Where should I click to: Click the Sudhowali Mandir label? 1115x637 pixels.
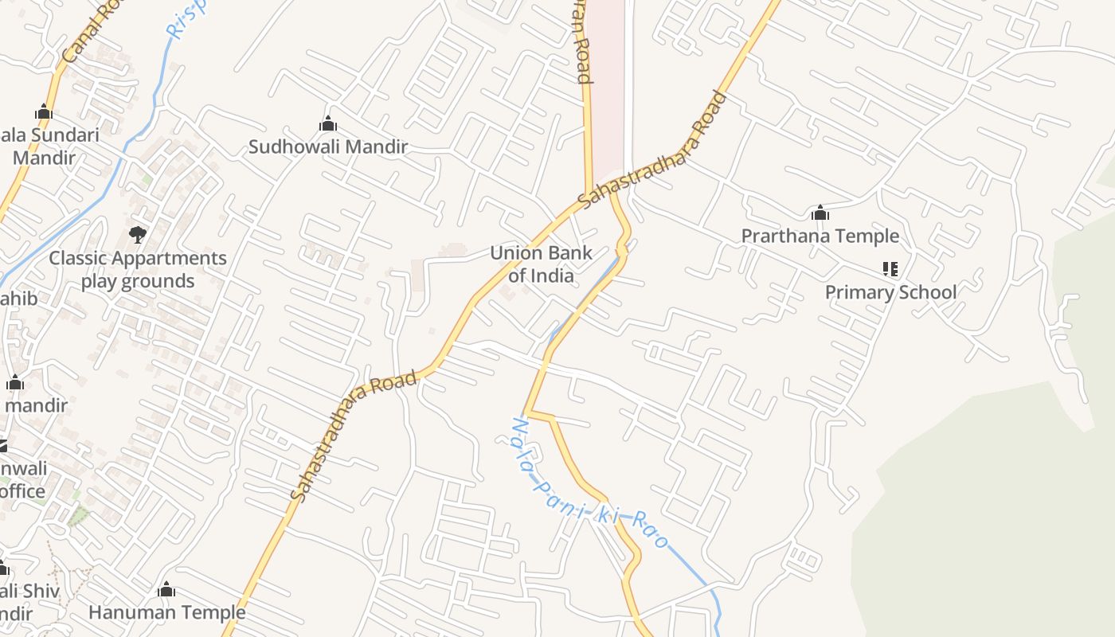point(328,147)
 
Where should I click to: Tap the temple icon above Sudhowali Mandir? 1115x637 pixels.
point(327,123)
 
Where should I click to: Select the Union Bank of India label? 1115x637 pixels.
point(541,264)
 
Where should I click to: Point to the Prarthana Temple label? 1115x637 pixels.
point(820,236)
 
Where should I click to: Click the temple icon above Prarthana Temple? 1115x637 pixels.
point(820,213)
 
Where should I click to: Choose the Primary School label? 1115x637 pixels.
point(890,292)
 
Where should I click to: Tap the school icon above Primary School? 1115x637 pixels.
point(890,269)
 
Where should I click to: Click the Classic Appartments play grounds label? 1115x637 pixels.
point(138,269)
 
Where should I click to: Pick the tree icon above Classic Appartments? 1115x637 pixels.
point(137,235)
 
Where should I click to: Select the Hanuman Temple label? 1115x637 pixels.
point(166,612)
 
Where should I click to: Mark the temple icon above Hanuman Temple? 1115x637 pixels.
point(166,589)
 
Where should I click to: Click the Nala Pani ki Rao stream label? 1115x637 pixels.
point(590,484)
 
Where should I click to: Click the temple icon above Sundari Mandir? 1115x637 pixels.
point(44,111)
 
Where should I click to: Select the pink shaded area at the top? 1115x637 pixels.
point(607,80)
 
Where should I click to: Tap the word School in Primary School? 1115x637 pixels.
point(924,292)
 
